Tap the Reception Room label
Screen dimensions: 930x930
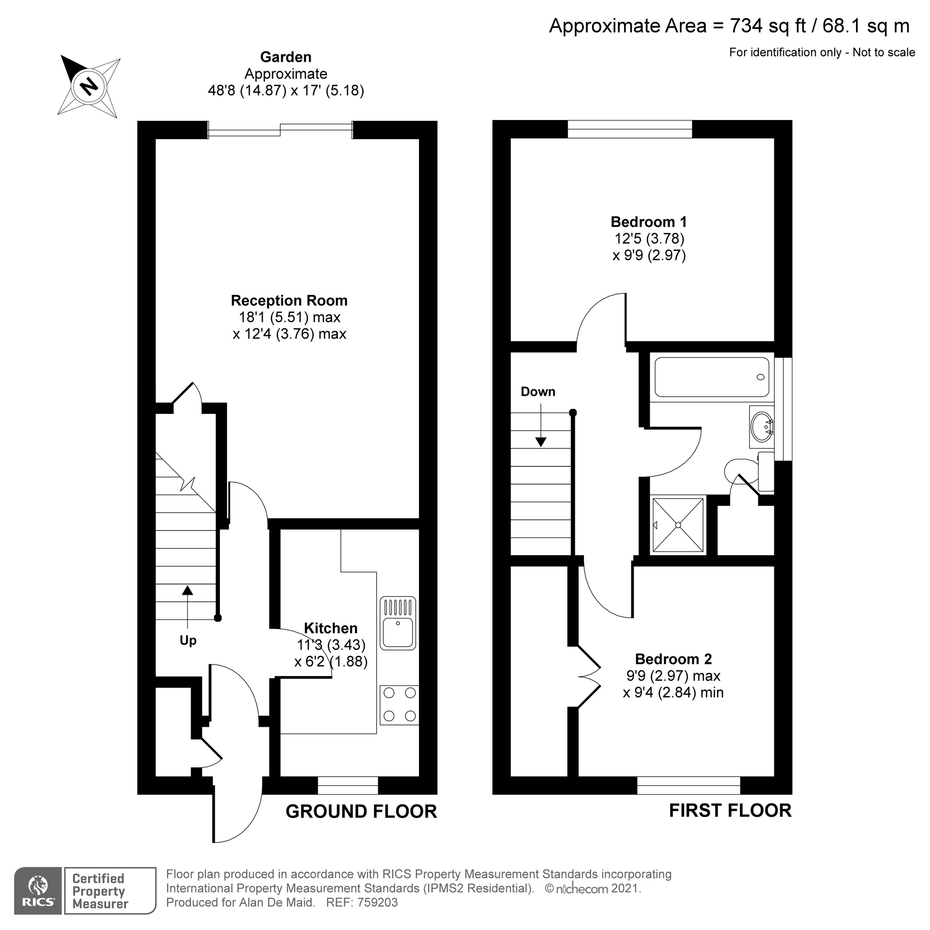289,301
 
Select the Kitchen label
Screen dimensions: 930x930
331,628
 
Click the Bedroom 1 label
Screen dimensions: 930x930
648,222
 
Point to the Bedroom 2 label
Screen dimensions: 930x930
673,659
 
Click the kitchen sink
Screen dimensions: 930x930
398,624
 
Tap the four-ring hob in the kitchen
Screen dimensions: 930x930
399,705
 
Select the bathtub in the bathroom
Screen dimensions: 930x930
711,377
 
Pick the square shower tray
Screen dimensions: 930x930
678,525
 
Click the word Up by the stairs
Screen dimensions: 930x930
188,641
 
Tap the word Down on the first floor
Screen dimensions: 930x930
538,392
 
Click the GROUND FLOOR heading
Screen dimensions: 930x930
361,811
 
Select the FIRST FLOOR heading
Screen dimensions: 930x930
730,810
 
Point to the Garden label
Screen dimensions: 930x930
286,57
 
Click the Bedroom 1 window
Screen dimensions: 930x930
630,129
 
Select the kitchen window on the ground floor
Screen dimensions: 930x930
347,785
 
